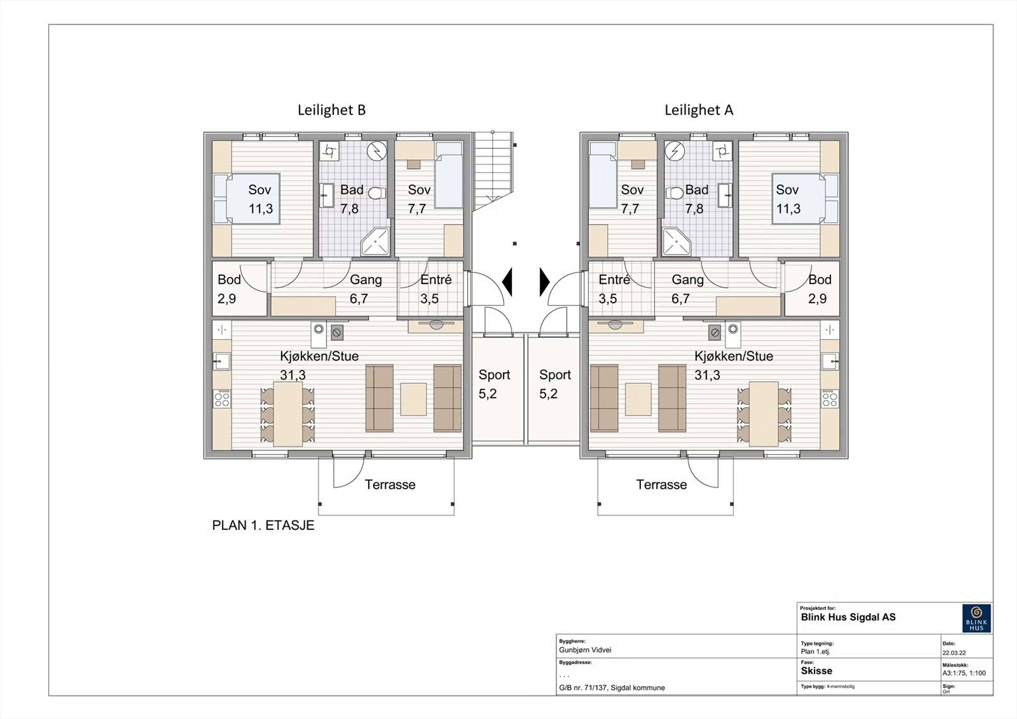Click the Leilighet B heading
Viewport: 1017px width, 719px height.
click(332, 110)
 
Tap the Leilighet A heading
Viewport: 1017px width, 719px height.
click(699, 110)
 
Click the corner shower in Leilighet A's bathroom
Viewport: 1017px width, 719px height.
click(676, 242)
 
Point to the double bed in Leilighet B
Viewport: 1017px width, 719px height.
click(247, 199)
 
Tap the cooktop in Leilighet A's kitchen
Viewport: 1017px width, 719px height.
click(829, 399)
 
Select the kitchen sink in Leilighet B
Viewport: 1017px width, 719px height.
click(222, 361)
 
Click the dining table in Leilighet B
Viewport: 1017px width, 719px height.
click(288, 414)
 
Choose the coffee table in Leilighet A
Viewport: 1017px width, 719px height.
click(638, 399)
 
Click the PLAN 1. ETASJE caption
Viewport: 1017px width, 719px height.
click(263, 526)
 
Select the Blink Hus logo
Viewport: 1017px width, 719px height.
click(977, 618)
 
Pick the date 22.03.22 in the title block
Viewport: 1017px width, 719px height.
click(954, 653)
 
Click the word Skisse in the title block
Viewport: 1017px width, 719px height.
click(816, 671)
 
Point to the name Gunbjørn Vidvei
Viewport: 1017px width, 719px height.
click(585, 650)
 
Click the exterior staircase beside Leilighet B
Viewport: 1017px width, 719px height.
click(493, 170)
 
